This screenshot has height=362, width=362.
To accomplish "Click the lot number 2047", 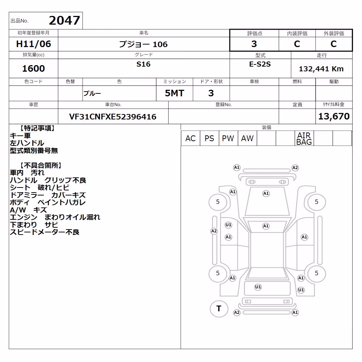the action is (x=64, y=21).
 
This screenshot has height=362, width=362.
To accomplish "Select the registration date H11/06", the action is (x=33, y=44).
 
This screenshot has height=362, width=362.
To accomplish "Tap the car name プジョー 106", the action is (x=143, y=44).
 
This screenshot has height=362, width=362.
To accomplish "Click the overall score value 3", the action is (x=254, y=44).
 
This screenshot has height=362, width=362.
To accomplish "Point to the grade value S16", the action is (x=143, y=64).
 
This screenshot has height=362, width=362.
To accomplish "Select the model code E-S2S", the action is (x=260, y=64).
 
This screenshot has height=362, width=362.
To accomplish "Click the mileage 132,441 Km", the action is (x=321, y=69).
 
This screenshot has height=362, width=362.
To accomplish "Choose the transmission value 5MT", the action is (x=174, y=93).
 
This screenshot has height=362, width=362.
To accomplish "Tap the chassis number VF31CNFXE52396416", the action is (x=113, y=117).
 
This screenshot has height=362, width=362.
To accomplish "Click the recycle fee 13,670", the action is (x=334, y=116).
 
